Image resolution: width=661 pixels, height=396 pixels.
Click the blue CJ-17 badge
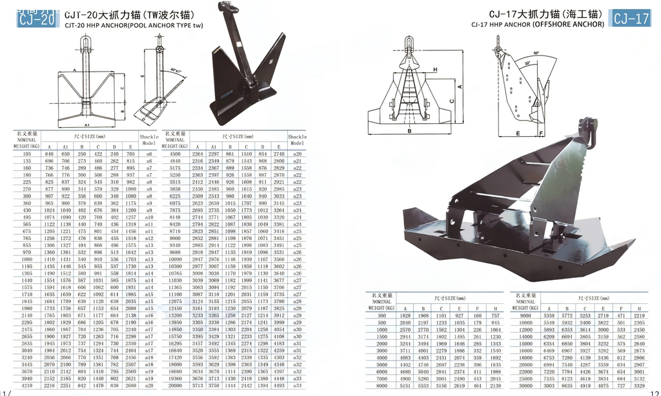tap(631, 19)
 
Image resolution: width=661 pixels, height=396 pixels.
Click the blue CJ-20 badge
tap(37, 19)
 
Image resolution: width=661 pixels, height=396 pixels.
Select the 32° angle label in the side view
tap(527, 63)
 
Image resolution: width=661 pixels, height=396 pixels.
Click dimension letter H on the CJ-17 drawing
tap(434, 69)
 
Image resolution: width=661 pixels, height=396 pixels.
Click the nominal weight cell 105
tap(27, 154)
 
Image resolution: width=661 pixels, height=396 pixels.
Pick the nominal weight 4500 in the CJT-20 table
tap(174, 154)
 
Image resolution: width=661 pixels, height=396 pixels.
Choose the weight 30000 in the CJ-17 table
tap(525, 385)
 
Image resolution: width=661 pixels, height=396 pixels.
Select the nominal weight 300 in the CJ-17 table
tap(382, 315)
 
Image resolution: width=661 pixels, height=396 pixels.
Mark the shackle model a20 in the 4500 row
tap(298, 154)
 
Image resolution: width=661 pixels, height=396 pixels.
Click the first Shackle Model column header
tap(148, 139)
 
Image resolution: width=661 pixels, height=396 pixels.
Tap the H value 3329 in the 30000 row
tap(639, 385)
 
